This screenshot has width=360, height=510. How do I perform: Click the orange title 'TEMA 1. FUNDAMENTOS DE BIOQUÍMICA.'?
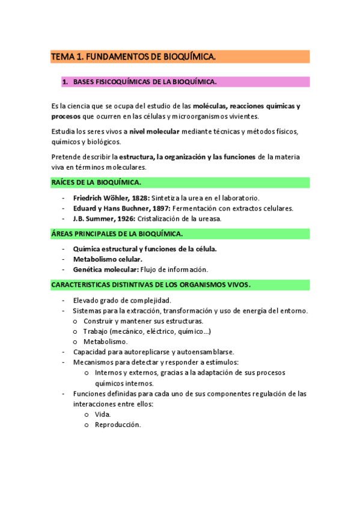click(x=133, y=57)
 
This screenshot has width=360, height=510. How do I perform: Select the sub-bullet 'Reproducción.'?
click(x=118, y=425)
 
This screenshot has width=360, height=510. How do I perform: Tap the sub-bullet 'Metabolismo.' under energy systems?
click(x=106, y=342)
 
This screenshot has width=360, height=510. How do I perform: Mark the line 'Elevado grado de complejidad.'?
click(x=122, y=300)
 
